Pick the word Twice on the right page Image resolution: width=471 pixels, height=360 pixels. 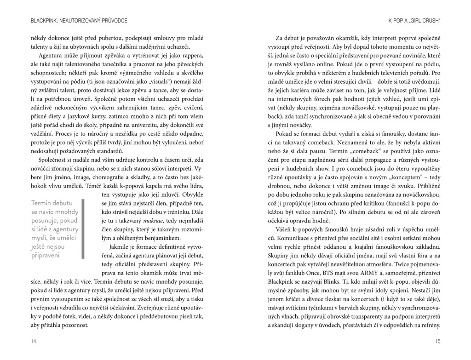405,275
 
